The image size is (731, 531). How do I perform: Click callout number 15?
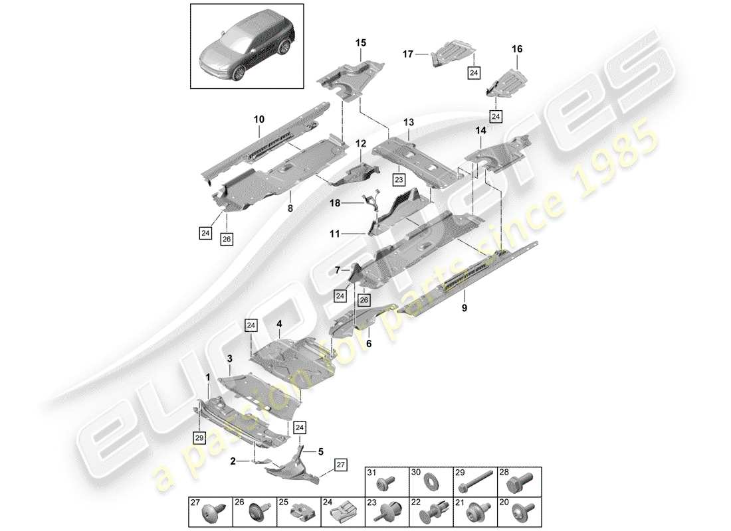click(360, 43)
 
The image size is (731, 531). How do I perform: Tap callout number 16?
click(517, 49)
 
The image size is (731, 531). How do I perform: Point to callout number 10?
click(259, 119)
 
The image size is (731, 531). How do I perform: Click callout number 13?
click(408, 123)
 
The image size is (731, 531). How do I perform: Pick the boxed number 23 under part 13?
click(398, 179)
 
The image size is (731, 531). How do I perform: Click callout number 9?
click(464, 307)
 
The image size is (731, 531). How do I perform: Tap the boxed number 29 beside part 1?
click(199, 437)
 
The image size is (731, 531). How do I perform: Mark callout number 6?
click(369, 344)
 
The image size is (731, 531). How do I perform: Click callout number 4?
click(280, 324)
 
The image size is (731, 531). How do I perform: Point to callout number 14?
click(480, 133)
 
